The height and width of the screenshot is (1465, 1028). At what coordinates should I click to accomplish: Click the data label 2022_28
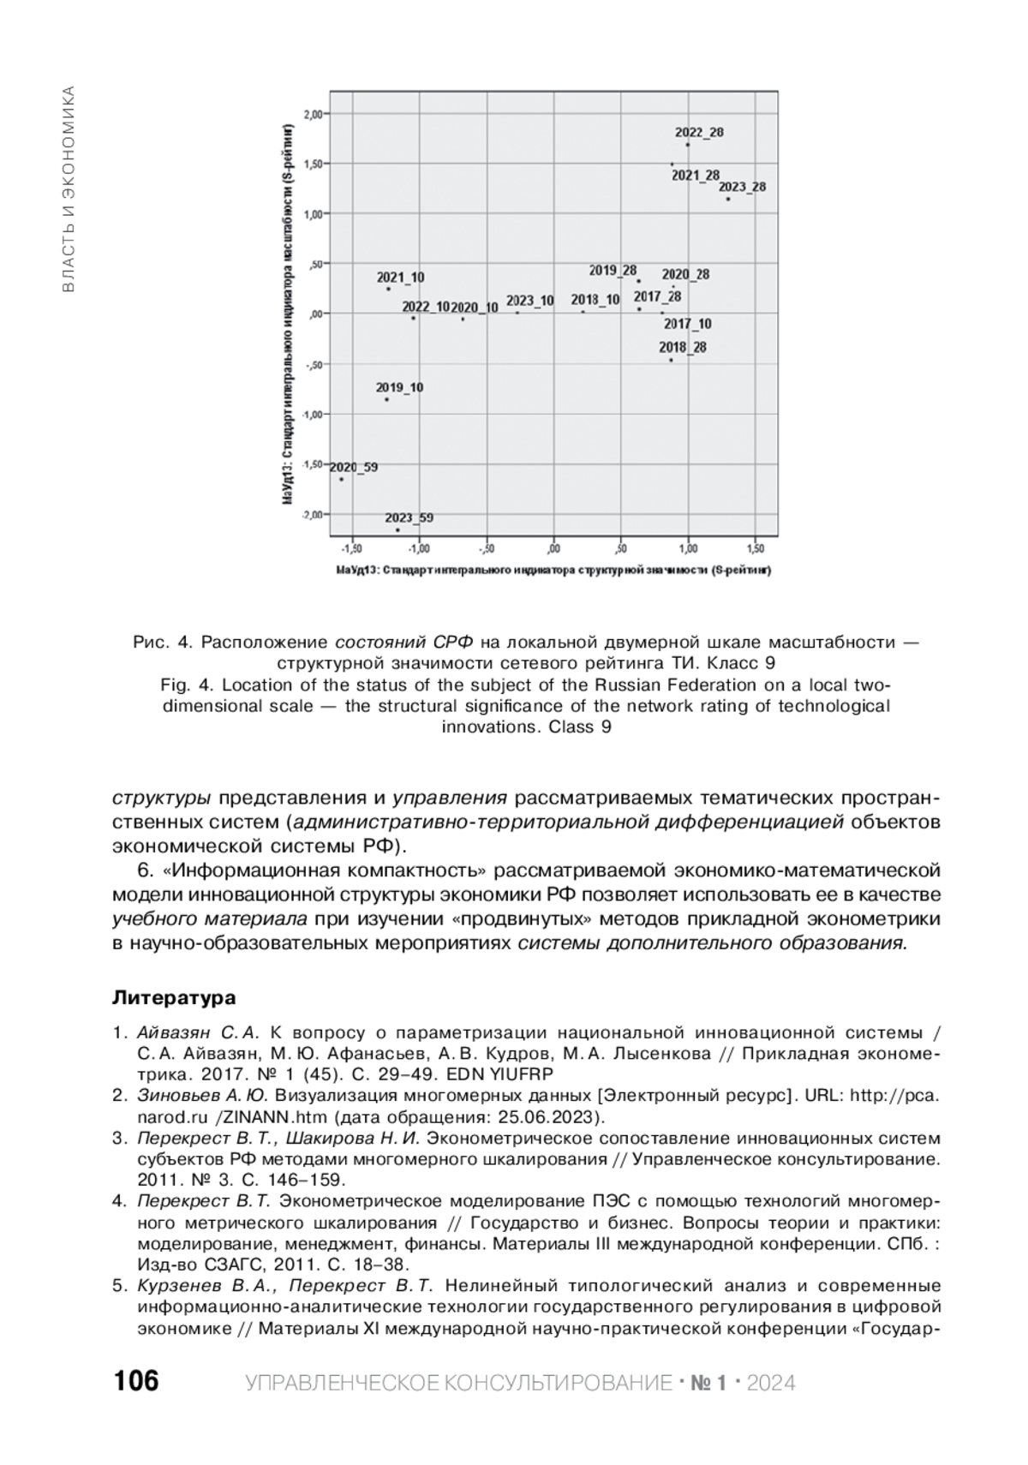[x=699, y=133]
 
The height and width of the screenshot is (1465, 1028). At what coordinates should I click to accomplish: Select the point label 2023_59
[x=409, y=518]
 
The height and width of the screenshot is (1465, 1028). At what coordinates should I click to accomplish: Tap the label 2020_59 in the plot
[x=353, y=468]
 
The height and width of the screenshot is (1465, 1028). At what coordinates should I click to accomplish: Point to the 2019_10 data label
[x=399, y=388]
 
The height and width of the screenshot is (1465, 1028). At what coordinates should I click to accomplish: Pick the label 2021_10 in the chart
[x=400, y=278]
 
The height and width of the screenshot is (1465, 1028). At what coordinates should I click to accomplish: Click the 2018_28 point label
[x=683, y=348]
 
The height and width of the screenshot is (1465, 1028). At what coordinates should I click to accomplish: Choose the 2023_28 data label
[x=742, y=187]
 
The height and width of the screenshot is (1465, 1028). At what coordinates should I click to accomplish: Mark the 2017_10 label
[x=687, y=324]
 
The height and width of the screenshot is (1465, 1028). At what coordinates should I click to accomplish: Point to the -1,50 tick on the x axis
[x=351, y=548]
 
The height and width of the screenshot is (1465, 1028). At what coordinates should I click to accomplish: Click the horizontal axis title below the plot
[x=553, y=570]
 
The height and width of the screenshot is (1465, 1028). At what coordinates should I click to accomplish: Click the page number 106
[x=135, y=1381]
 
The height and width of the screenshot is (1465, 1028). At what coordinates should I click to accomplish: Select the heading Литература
[x=174, y=998]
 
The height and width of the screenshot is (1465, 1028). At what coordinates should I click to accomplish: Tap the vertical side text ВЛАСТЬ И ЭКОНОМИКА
[x=69, y=188]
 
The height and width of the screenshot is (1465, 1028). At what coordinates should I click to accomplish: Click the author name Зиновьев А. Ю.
[x=203, y=1095]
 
